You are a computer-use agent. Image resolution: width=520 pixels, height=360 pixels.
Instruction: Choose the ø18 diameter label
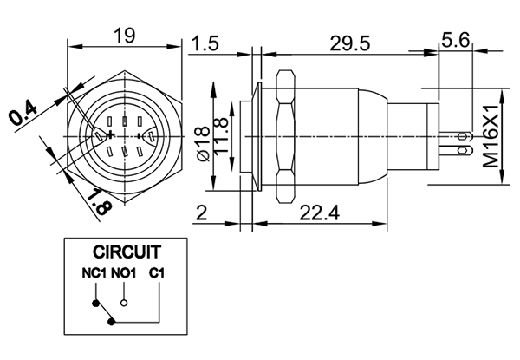[202, 141]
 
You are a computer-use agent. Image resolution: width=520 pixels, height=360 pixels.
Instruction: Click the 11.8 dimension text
[222, 135]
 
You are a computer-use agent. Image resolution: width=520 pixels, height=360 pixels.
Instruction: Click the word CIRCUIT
[127, 253]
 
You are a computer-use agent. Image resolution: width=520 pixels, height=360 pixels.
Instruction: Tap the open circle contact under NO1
[125, 303]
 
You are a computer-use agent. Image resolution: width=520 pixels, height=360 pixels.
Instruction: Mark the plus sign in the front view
[111, 136]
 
